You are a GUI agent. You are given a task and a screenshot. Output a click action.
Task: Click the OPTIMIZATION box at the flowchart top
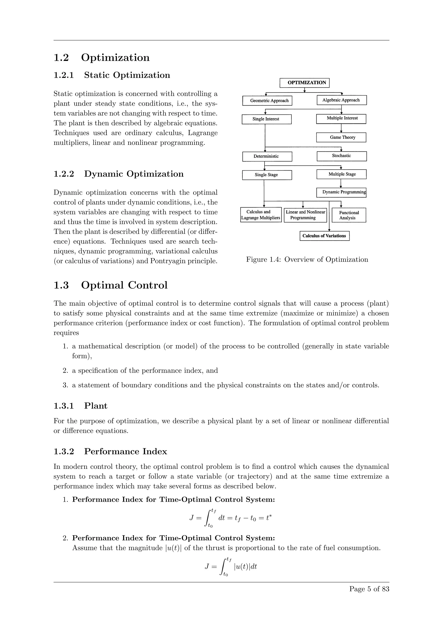[x=304, y=83]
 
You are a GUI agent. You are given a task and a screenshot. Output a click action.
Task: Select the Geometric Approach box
[x=267, y=101]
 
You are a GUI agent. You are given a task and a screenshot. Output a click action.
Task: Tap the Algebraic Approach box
[x=342, y=100]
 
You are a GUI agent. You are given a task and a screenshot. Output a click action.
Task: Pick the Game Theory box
[x=341, y=137]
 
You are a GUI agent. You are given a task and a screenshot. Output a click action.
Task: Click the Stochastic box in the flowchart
[x=342, y=156]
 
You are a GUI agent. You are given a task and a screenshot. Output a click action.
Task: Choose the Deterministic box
[x=267, y=156]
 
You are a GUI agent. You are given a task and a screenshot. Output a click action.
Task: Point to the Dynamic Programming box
[x=341, y=192]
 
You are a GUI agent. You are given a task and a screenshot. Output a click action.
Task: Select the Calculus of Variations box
[x=324, y=236]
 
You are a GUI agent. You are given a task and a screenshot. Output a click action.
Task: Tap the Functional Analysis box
[x=349, y=215]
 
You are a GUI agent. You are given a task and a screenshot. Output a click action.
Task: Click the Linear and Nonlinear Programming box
[x=305, y=215]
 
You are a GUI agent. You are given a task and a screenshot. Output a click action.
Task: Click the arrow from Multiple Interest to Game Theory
[x=341, y=128]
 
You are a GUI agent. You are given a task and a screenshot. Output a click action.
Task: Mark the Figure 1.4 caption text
[x=307, y=260]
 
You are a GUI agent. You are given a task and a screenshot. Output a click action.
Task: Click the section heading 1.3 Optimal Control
[x=111, y=285]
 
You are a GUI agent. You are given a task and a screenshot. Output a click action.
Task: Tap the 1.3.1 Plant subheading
[x=80, y=406]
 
